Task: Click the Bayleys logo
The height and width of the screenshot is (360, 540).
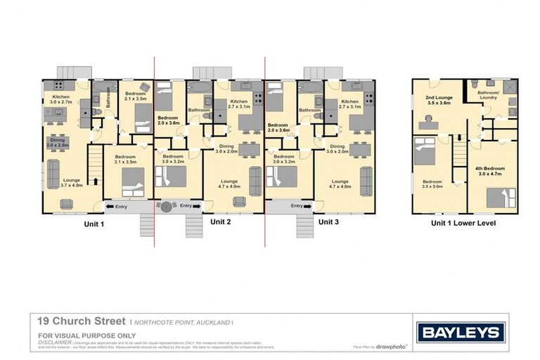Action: [x=461, y=333]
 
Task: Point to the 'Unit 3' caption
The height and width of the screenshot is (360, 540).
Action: [x=329, y=221]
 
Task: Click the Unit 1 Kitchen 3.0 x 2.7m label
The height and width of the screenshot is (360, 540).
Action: [x=57, y=99]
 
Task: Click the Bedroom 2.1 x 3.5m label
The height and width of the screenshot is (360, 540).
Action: [x=135, y=96]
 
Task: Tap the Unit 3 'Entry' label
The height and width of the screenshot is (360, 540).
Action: [x=297, y=206]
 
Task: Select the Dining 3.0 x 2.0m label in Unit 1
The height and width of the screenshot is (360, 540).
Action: [x=57, y=143]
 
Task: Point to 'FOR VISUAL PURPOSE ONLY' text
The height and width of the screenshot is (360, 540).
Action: [x=77, y=335]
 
